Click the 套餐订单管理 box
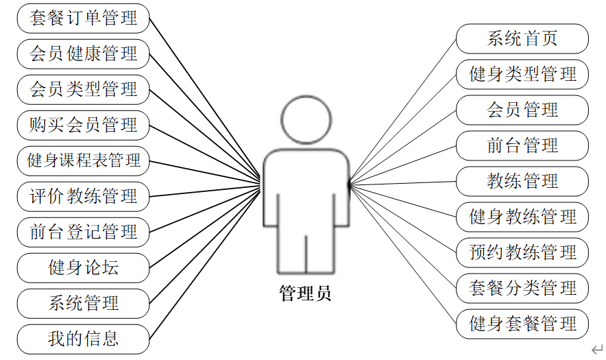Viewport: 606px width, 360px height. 83,18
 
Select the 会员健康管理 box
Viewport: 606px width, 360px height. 83,53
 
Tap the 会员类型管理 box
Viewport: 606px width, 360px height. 83,89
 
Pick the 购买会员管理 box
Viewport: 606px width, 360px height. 83,125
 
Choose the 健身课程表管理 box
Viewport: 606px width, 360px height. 83,160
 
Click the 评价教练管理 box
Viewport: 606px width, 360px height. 83,196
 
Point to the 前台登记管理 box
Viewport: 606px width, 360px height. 83,232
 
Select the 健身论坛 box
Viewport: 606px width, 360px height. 83,267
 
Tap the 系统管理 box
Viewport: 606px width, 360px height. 83,303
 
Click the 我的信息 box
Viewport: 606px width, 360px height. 83,339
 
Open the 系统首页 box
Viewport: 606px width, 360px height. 522,38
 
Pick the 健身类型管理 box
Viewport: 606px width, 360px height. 522,74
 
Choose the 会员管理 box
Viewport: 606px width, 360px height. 522,110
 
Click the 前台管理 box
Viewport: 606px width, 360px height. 522,145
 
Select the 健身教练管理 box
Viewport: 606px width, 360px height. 522,217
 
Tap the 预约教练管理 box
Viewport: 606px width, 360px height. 522,252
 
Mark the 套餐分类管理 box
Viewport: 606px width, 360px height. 522,288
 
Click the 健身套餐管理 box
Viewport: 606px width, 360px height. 522,324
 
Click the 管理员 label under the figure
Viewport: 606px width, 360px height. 306,294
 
